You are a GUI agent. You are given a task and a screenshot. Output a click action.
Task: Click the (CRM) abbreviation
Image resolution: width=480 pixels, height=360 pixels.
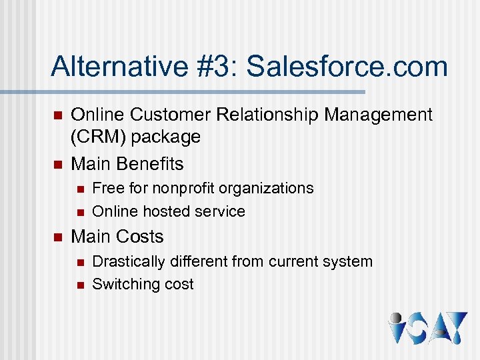97,137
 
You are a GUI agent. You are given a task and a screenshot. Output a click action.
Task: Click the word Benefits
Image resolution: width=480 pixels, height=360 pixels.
150,163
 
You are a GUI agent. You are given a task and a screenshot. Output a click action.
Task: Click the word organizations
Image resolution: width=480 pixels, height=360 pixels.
267,189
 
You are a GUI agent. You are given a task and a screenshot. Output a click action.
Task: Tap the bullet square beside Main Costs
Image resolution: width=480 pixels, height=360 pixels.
57,237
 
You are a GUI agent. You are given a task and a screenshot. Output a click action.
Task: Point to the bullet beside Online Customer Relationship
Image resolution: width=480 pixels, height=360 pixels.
57,115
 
